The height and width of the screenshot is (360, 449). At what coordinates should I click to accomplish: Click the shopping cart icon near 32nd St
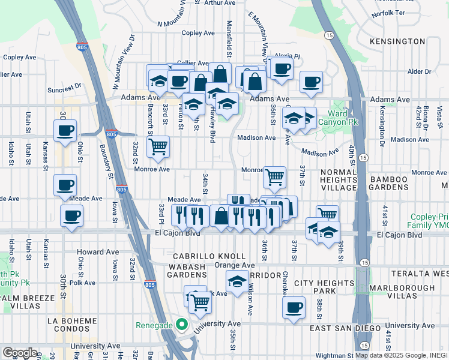pos(158,145)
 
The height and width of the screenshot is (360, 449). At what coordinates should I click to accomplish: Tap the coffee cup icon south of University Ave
pos(294,307)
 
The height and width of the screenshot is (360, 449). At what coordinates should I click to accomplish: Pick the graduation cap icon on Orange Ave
pos(238,280)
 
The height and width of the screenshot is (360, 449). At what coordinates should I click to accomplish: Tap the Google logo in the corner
pos(20,353)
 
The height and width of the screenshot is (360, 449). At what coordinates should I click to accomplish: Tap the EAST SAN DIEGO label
pos(345,328)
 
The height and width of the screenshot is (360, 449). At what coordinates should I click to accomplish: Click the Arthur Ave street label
pos(220,3)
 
